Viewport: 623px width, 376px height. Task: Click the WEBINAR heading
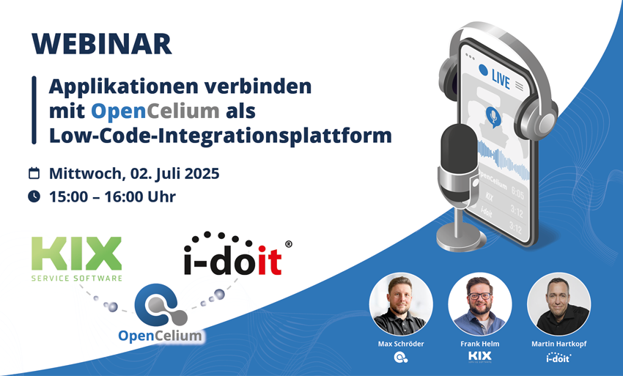(x=102, y=43)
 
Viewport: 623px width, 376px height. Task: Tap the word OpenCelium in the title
(x=155, y=111)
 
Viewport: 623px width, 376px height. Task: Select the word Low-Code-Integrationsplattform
(x=220, y=135)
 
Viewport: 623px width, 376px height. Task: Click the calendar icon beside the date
(x=34, y=174)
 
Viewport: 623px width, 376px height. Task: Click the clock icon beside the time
(x=34, y=196)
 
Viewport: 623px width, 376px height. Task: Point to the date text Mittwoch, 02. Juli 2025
(x=134, y=174)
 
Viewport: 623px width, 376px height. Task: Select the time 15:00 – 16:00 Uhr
(x=112, y=196)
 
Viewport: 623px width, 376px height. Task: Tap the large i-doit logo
(x=233, y=257)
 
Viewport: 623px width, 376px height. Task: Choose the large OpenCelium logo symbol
(x=161, y=308)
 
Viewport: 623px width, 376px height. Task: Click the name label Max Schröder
(x=401, y=343)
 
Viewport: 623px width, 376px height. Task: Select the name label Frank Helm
(x=479, y=343)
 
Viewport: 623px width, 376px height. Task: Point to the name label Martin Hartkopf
(x=559, y=343)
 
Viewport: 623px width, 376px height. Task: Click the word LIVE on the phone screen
(x=501, y=76)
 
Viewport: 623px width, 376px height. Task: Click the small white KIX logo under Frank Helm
(x=479, y=357)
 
